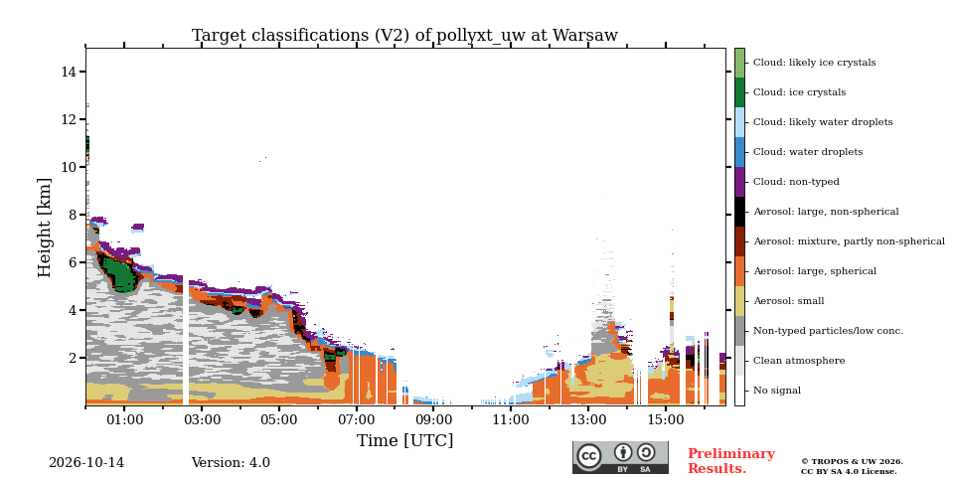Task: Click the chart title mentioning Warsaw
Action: click(x=404, y=36)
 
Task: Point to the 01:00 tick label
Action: click(x=124, y=419)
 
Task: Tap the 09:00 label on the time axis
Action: click(x=433, y=419)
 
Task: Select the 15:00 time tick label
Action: click(x=666, y=419)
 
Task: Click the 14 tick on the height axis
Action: click(x=69, y=72)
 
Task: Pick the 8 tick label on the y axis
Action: click(x=73, y=215)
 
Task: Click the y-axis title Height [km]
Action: click(x=45, y=228)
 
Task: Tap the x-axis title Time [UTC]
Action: click(x=404, y=440)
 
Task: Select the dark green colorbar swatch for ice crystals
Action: click(x=739, y=92)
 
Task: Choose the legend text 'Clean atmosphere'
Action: click(x=799, y=361)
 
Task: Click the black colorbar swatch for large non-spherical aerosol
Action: click(x=739, y=212)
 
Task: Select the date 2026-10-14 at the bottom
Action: click(x=86, y=463)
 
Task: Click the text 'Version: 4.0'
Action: click(x=231, y=463)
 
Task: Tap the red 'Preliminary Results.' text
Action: click(x=731, y=461)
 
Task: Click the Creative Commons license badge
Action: click(x=620, y=457)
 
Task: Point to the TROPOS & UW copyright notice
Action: click(x=852, y=467)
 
